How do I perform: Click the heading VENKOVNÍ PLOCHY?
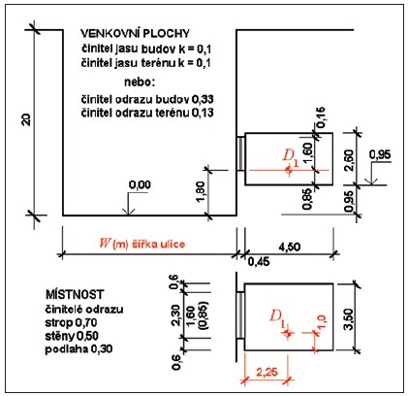(135, 33)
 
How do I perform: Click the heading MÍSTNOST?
(75, 294)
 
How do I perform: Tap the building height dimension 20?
(26, 119)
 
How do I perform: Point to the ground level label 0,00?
(140, 184)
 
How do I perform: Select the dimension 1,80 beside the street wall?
(200, 191)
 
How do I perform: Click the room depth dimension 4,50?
(288, 247)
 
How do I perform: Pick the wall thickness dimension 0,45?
(259, 261)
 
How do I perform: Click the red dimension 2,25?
(267, 372)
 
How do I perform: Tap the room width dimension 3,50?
(349, 319)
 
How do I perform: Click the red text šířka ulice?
(158, 244)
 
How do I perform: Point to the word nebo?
(140, 82)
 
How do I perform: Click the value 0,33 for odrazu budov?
(203, 99)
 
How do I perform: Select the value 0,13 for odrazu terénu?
(203, 113)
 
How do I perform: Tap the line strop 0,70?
(71, 322)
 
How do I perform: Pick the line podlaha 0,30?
(78, 349)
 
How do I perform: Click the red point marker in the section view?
(289, 170)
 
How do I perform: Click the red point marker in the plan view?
(288, 333)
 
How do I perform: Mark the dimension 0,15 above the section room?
(321, 117)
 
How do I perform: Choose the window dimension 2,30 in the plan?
(176, 314)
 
